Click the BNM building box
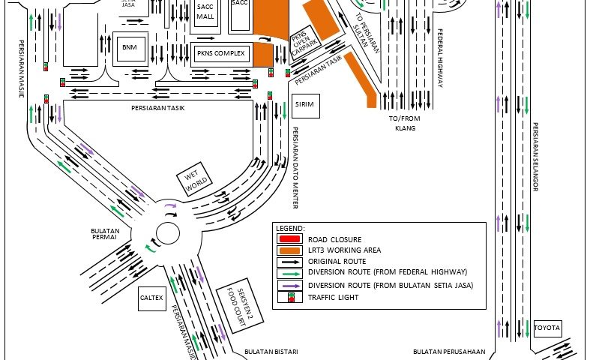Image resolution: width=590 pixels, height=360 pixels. point(130,47)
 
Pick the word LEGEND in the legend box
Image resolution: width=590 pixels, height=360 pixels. point(290,227)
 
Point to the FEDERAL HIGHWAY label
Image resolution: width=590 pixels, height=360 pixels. point(440,59)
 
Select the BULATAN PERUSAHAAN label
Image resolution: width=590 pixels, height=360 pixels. point(449,351)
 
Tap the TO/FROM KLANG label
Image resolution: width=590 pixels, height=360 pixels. point(403,123)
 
